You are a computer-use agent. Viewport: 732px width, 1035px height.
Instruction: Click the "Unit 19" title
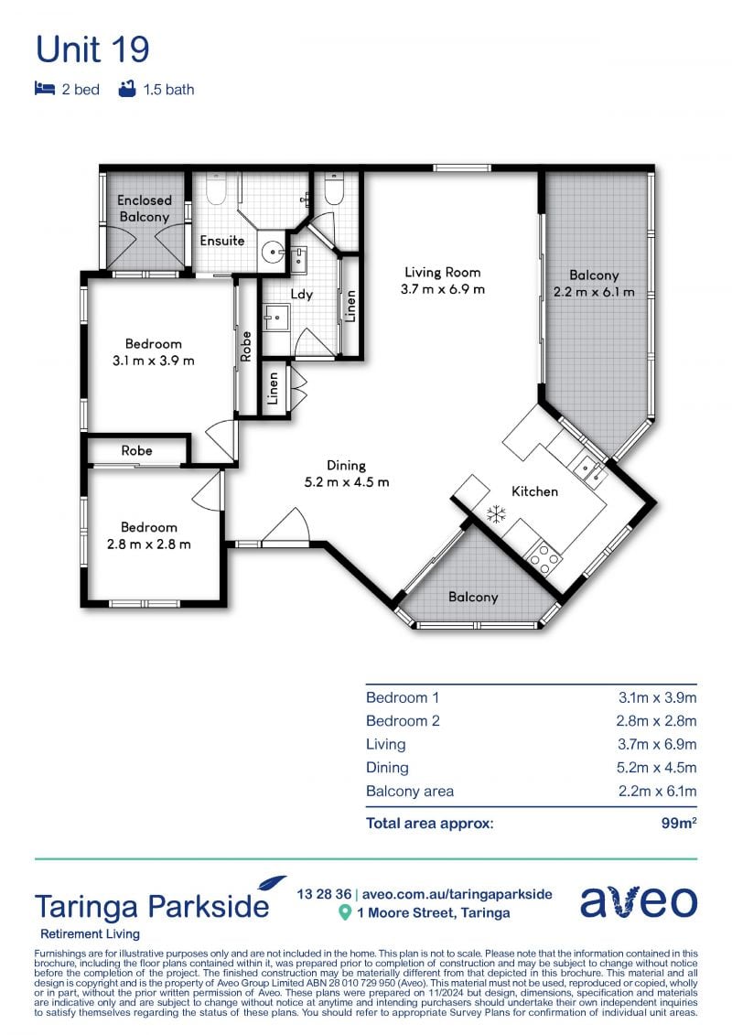pos(92,49)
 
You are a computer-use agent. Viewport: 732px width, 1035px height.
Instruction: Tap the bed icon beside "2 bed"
pos(44,89)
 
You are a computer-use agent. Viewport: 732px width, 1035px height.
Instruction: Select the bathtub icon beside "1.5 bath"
pos(127,89)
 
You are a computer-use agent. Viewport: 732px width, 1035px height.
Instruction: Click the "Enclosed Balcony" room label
pos(144,208)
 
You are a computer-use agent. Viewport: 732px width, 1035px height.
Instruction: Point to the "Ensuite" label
pos(221,241)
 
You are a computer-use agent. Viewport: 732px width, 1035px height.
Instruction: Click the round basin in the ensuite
pos(271,252)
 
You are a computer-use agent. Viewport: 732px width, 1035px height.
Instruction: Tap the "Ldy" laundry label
pos(301,295)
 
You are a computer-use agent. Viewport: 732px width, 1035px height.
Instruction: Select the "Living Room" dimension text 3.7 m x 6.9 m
pos(442,289)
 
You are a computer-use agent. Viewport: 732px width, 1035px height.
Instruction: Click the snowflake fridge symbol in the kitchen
pos(496,514)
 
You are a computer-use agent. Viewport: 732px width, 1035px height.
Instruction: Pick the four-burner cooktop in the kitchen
pos(544,558)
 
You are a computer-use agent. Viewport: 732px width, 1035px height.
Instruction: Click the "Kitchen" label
pos(534,491)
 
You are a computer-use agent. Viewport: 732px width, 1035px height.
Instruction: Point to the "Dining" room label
pos(346,466)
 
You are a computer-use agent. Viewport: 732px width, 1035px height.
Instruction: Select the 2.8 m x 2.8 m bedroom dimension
pos(148,544)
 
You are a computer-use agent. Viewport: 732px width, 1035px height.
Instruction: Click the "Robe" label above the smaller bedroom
pos(136,451)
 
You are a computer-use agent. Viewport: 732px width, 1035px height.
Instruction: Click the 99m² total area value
pos(679,823)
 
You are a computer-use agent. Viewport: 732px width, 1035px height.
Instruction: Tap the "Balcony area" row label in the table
pos(410,792)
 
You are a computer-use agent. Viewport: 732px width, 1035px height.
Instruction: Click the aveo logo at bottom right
pos(639,901)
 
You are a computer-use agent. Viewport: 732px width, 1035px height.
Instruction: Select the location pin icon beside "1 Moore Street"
pos(344,913)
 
